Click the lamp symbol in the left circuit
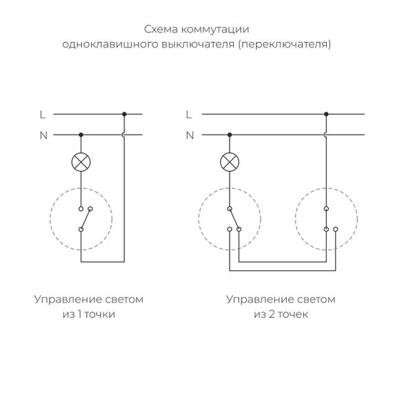pyautogui.click(x=81, y=163)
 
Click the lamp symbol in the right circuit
pyautogui.click(x=228, y=163)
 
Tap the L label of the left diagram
pyautogui.click(x=43, y=114)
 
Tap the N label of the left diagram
pyautogui.click(x=43, y=135)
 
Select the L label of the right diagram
pyautogui.click(x=190, y=114)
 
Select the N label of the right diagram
pyautogui.click(x=190, y=135)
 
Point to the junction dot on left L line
pyautogui.click(x=124, y=114)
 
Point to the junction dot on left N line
pyautogui.click(x=81, y=135)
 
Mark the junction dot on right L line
pyautogui.click(x=326, y=114)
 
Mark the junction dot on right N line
pyautogui.click(x=228, y=135)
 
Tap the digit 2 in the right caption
pyautogui.click(x=266, y=314)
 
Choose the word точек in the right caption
pyautogui.click(x=290, y=314)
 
